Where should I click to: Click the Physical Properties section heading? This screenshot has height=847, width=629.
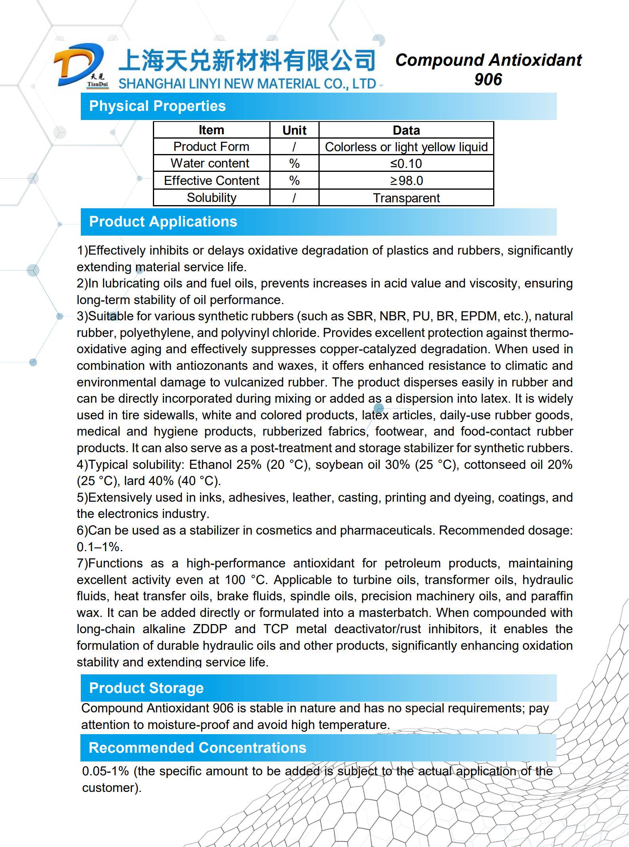point(157,106)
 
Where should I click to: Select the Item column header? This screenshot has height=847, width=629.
point(211,130)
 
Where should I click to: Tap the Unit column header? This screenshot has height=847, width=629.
point(294,130)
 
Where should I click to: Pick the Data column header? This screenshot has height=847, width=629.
point(406,130)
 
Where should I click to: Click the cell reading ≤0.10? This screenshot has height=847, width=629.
point(406,164)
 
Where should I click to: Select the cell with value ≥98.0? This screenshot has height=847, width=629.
point(406,181)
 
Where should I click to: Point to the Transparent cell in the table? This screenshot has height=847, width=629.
point(406,198)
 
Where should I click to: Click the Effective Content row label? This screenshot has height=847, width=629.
point(212,181)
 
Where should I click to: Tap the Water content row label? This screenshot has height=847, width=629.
point(210,163)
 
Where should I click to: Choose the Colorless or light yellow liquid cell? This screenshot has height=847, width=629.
point(406,147)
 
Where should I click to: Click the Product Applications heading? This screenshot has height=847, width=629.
point(163,222)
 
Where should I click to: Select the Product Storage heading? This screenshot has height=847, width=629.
point(146,688)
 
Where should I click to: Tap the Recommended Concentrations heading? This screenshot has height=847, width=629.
point(197,748)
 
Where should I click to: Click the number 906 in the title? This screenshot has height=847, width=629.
point(488,80)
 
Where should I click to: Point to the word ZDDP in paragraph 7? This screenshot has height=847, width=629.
point(210,629)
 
